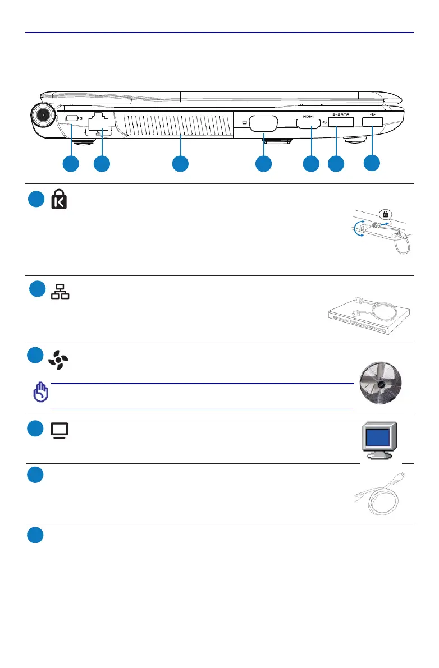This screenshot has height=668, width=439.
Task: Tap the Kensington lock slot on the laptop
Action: coord(71,119)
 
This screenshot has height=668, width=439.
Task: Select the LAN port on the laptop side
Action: coord(99,122)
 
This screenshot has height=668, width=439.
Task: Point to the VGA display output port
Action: coord(263,123)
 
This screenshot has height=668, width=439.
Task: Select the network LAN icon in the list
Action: coord(60,291)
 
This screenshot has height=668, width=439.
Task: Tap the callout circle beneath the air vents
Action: coord(180,164)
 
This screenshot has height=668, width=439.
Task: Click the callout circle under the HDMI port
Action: coord(310,164)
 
